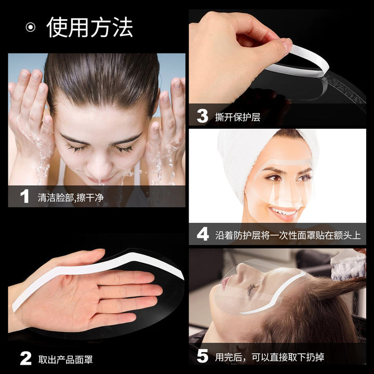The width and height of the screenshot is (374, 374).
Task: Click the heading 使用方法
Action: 89,27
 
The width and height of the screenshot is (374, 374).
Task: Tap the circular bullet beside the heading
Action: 31,27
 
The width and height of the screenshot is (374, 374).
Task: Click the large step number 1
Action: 24,196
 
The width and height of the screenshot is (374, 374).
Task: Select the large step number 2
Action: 25,358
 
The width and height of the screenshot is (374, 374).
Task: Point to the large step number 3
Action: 202,116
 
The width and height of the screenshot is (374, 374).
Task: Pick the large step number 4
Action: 203,234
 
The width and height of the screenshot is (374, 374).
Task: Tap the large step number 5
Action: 203,356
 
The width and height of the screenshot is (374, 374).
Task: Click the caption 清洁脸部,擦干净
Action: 71,197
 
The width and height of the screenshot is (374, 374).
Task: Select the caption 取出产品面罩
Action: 65,359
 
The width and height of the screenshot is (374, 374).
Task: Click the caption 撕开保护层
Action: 237,117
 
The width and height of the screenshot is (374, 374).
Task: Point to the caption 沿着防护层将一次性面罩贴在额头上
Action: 288,235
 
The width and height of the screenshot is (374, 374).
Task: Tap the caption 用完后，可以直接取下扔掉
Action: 270,357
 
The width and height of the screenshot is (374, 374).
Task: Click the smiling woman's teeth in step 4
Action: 284,211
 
